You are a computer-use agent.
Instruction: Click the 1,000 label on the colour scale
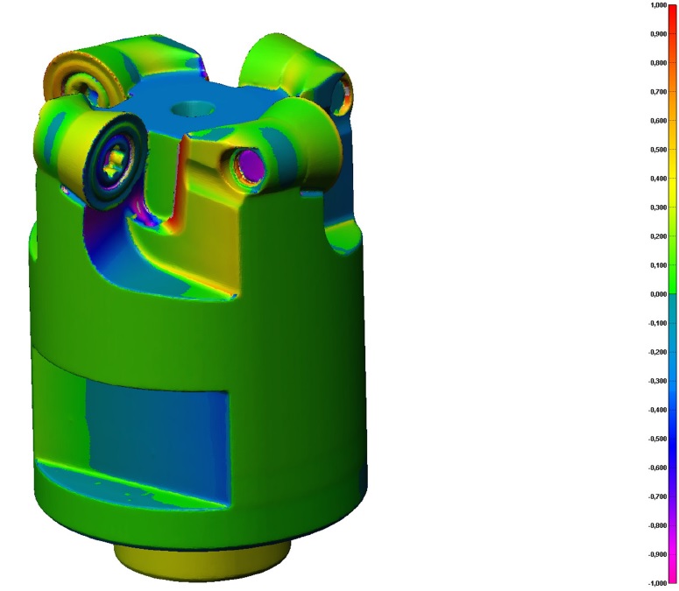(659, 5)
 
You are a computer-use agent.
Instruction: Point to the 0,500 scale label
(659, 150)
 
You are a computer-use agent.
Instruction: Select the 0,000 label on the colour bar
(659, 294)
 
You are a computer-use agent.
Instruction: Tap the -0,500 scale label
(657, 439)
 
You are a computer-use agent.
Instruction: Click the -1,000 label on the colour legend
(657, 583)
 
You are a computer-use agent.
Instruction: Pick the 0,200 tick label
(659, 236)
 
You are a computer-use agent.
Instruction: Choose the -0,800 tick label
(657, 525)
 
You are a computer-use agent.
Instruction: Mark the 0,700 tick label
(659, 92)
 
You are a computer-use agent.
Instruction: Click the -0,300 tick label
(657, 381)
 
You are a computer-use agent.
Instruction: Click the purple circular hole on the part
(250, 165)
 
